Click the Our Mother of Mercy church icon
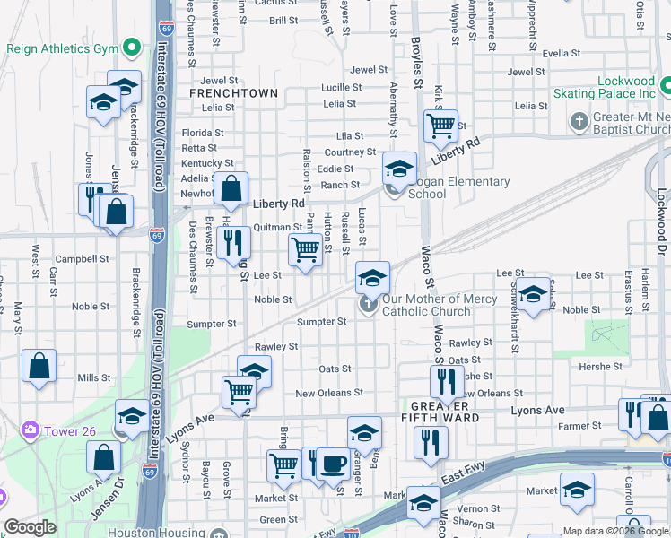click(368, 306)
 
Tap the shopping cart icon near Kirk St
click(440, 126)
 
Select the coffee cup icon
click(333, 464)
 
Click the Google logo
click(30, 527)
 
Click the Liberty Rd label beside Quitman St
click(278, 204)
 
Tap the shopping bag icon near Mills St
click(39, 366)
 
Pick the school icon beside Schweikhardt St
click(534, 295)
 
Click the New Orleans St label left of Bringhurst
click(329, 393)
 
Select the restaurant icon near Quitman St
click(232, 242)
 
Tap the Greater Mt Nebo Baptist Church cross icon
click(579, 120)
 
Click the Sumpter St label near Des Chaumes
click(211, 324)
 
